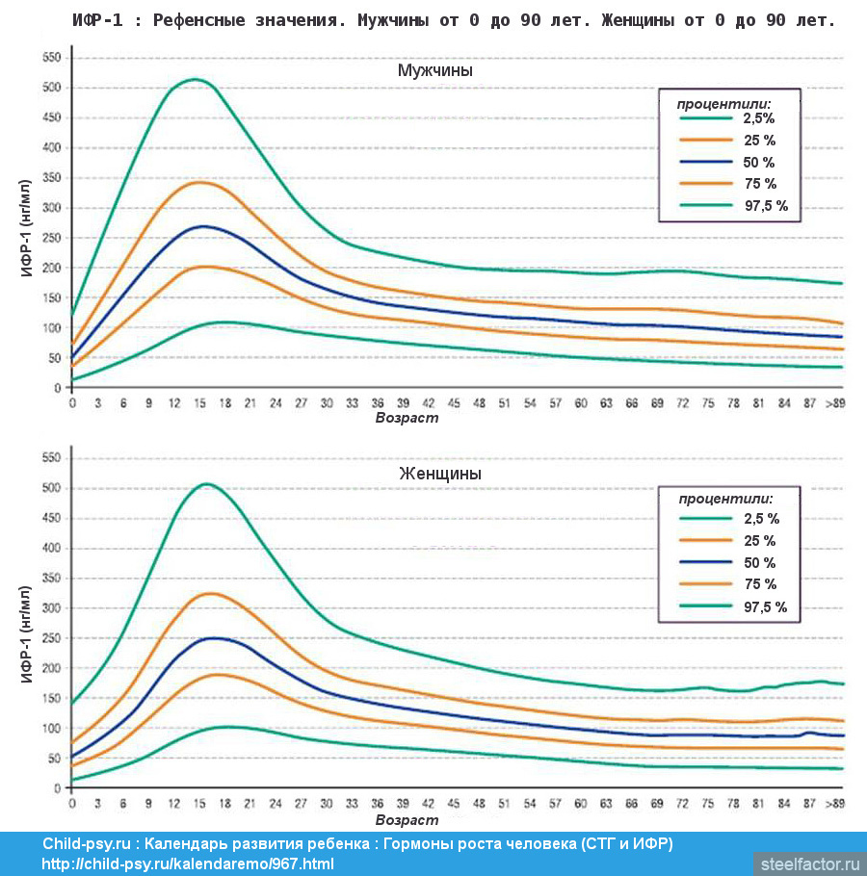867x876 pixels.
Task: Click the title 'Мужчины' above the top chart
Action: (435, 70)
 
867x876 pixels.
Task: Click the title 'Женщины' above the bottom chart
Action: (440, 474)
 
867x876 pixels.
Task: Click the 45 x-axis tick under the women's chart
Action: (453, 804)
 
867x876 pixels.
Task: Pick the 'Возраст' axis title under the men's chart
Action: (406, 418)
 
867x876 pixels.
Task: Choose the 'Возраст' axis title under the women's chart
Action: (406, 820)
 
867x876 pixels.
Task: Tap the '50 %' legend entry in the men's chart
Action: (759, 162)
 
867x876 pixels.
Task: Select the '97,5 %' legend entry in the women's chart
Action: (765, 606)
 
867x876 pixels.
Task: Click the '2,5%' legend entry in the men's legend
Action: (758, 118)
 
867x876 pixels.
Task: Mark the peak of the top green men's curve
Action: (196, 79)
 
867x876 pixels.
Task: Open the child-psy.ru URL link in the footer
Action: (188, 863)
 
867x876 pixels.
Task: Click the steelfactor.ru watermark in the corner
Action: (809, 863)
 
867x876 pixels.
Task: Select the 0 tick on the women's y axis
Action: (57, 788)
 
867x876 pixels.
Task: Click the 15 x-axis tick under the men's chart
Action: (199, 403)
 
